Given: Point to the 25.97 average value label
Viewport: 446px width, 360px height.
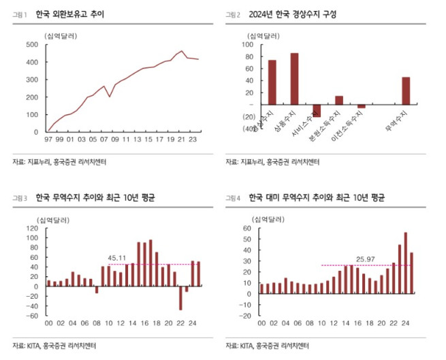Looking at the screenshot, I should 366,259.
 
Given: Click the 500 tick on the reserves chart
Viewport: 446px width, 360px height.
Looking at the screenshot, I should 31,45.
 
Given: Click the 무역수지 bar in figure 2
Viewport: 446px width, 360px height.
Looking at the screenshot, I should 406,91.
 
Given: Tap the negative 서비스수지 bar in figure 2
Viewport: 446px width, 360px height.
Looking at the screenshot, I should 317,111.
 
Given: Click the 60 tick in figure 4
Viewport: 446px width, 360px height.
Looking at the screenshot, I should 247,229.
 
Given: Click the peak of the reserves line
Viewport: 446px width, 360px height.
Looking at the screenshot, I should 181,51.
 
